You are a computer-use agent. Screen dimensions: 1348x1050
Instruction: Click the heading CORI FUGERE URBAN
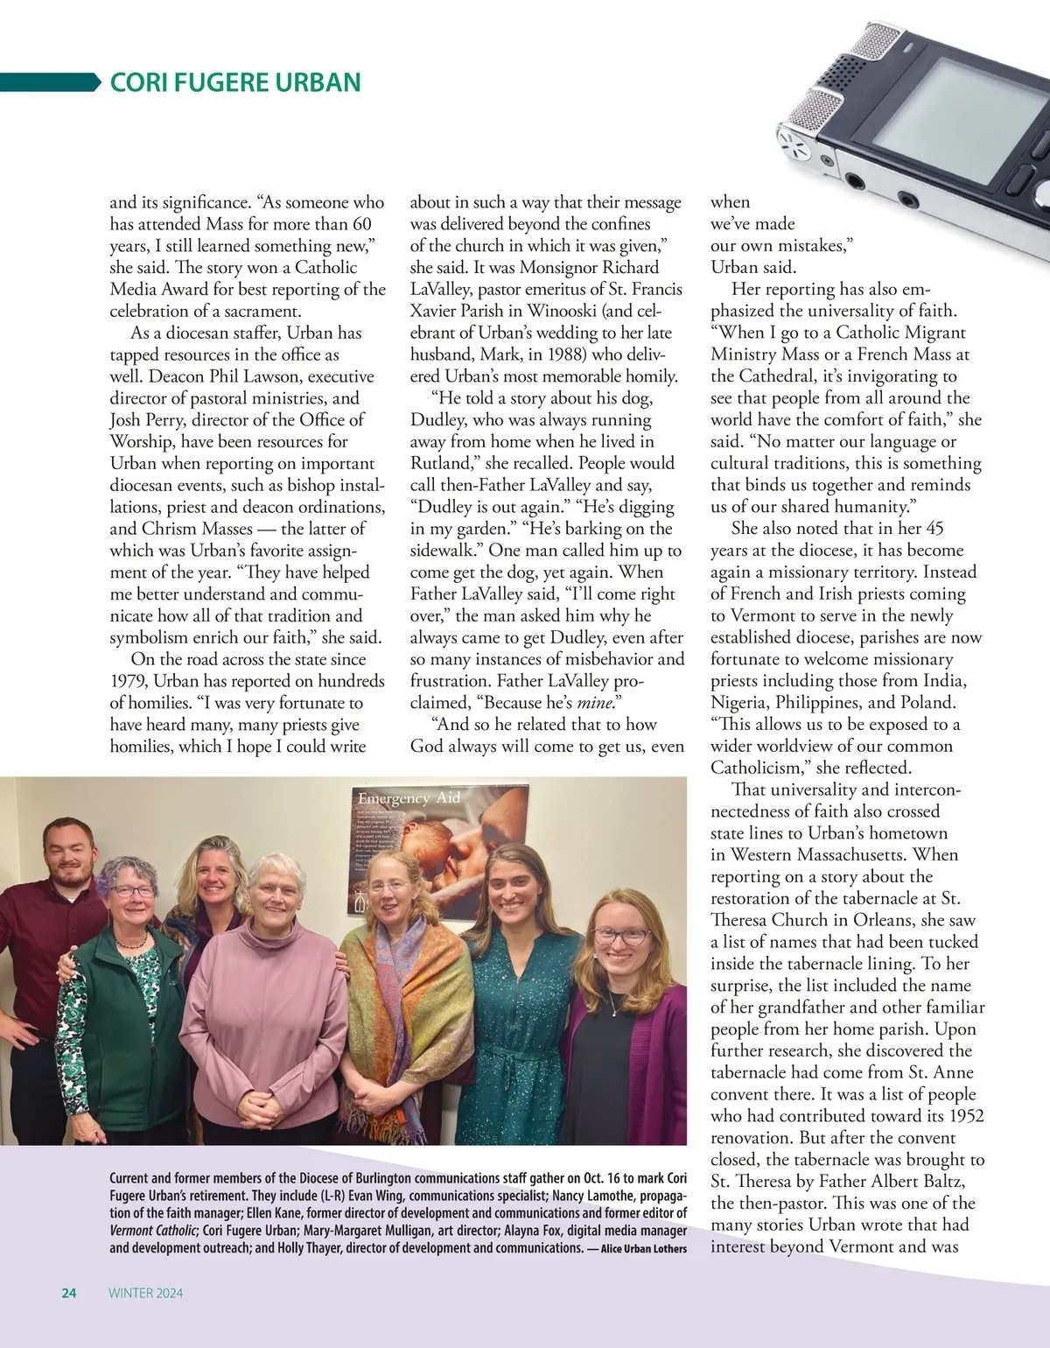coord(234,82)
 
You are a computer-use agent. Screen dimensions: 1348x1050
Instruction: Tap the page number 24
coord(69,1293)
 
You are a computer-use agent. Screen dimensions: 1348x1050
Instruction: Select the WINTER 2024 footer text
coord(146,1293)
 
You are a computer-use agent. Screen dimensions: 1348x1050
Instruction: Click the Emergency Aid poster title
coord(408,797)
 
